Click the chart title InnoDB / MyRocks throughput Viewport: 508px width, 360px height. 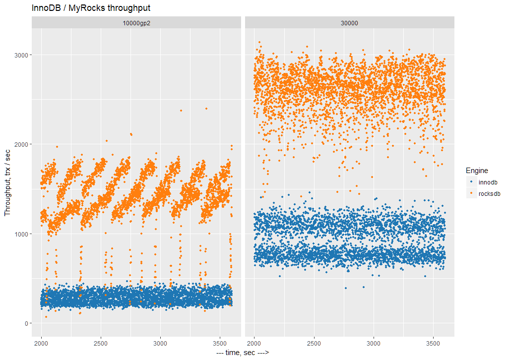click(x=91, y=8)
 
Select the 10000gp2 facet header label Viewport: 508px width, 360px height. click(x=136, y=23)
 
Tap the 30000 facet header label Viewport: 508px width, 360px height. click(x=349, y=23)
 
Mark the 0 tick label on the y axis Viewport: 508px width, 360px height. click(x=26, y=323)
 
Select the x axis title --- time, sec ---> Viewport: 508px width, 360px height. click(x=243, y=353)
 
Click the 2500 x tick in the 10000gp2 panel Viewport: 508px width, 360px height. click(x=101, y=343)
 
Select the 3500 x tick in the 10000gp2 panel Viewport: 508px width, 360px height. click(x=220, y=343)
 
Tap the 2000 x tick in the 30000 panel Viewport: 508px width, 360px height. click(x=254, y=343)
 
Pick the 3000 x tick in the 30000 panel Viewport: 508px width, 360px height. click(x=374, y=343)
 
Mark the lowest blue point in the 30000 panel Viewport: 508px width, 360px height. click(x=346, y=288)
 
